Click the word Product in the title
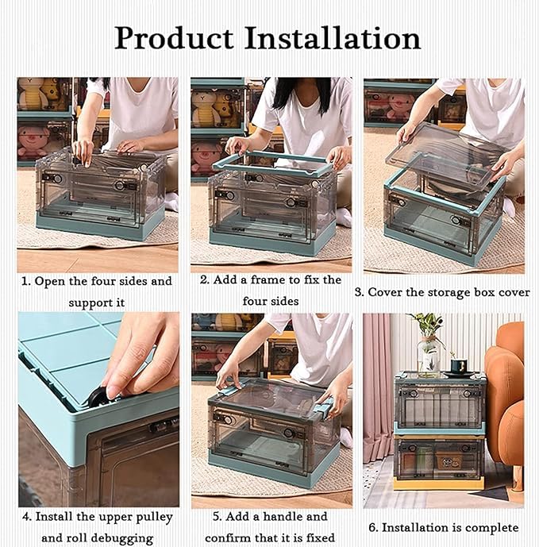(174, 37)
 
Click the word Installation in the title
(333, 37)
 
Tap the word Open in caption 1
(50, 282)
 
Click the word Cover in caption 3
(383, 292)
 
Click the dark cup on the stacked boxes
(459, 367)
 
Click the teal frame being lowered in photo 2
(273, 164)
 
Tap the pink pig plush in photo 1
(33, 141)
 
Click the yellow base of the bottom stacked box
(439, 483)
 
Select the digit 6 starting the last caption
(372, 527)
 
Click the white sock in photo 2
(343, 217)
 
